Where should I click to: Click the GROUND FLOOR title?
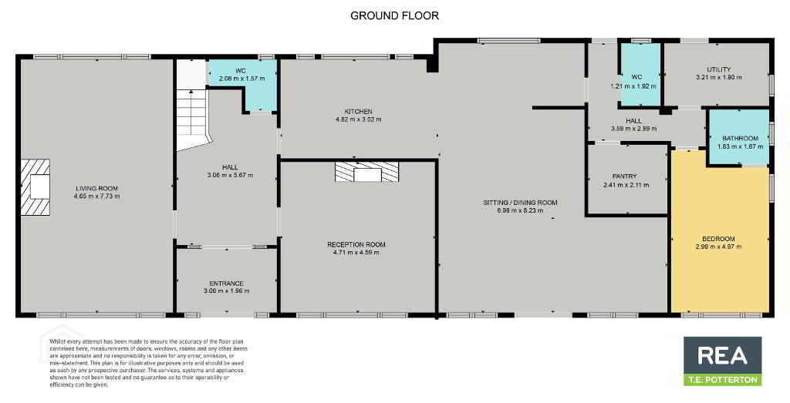click(x=394, y=15)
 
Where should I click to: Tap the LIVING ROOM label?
click(x=96, y=189)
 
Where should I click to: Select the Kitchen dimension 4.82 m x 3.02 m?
click(x=358, y=119)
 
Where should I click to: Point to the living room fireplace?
click(x=35, y=187)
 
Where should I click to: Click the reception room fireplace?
click(x=366, y=172)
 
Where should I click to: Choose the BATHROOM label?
click(x=740, y=139)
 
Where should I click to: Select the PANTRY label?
click(x=625, y=176)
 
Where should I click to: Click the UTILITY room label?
click(x=718, y=69)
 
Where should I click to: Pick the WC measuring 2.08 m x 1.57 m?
click(x=243, y=84)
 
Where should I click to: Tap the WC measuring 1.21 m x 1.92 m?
click(x=640, y=75)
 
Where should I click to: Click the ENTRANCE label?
click(x=227, y=284)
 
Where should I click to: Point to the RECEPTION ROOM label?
click(x=356, y=244)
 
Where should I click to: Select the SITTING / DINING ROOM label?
click(x=521, y=203)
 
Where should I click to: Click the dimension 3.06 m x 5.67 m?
click(x=230, y=175)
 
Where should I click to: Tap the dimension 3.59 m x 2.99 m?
click(x=634, y=128)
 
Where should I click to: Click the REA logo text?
click(x=722, y=355)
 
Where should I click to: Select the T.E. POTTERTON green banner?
click(x=722, y=380)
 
